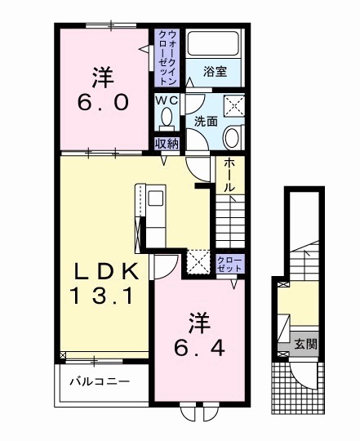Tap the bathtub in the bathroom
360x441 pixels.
click(214, 45)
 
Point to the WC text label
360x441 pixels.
click(167, 100)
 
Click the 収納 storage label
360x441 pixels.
click(167, 143)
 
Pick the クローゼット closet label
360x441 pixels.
click(229, 263)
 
